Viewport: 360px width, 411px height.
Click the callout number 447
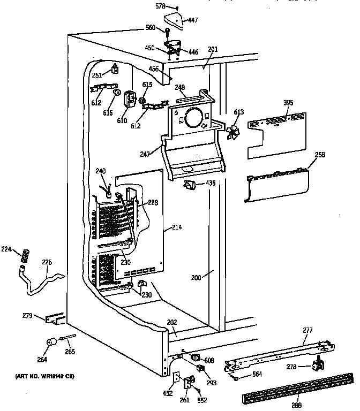click(x=192, y=20)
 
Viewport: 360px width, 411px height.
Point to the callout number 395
click(x=289, y=103)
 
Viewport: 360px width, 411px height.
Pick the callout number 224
click(x=5, y=248)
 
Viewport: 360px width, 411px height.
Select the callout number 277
click(x=307, y=330)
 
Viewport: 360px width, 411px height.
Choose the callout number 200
click(x=197, y=278)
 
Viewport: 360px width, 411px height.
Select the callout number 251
click(x=96, y=75)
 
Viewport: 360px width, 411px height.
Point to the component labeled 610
click(x=129, y=100)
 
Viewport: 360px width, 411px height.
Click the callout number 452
click(x=168, y=393)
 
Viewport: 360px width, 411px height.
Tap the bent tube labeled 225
click(x=43, y=281)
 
